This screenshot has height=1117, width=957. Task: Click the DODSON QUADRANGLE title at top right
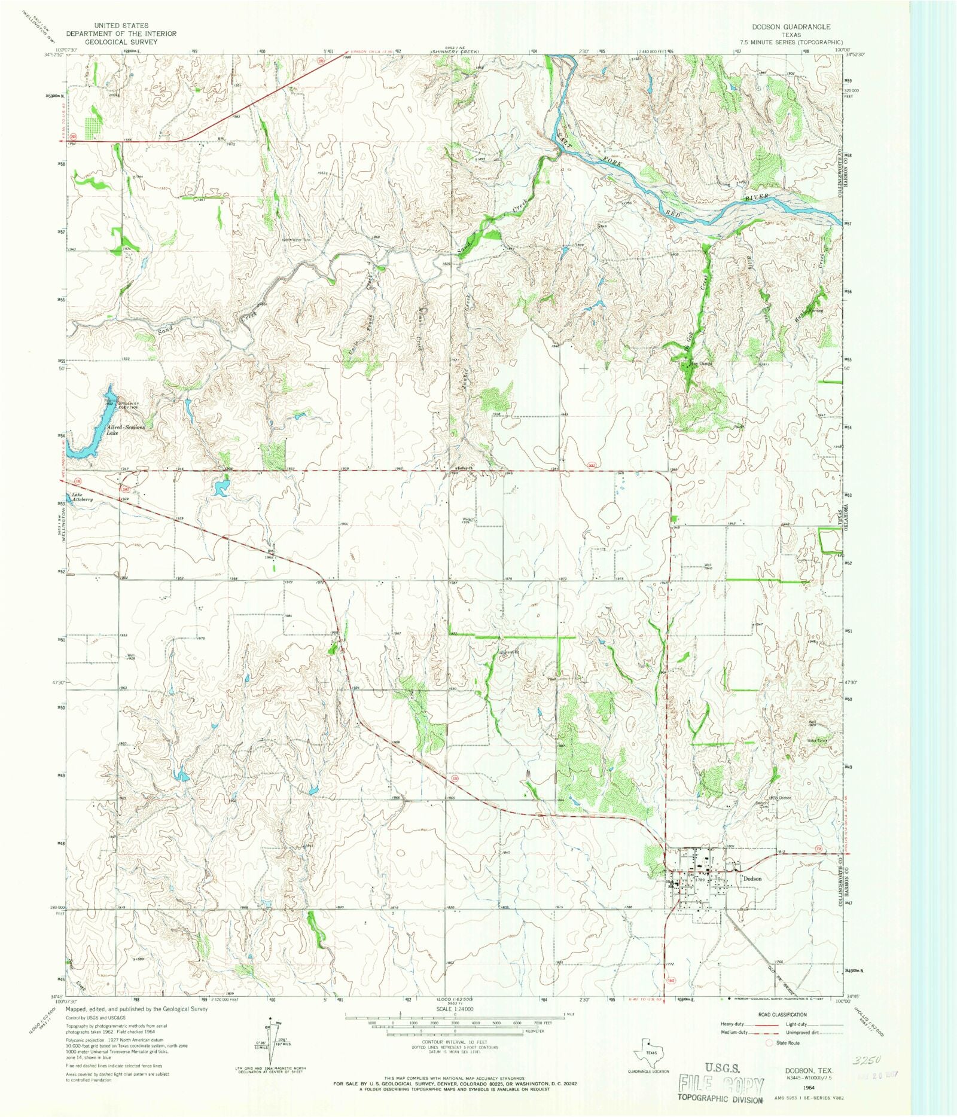pyautogui.click(x=791, y=27)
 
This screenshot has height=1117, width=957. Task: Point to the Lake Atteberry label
pyautogui.click(x=82, y=498)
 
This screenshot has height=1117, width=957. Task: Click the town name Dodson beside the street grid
pyautogui.click(x=752, y=878)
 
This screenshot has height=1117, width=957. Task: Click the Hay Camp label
pyautogui.click(x=700, y=363)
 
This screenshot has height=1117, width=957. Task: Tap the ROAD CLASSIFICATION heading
pyautogui.click(x=782, y=1015)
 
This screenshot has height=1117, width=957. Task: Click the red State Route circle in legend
pyautogui.click(x=769, y=1042)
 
